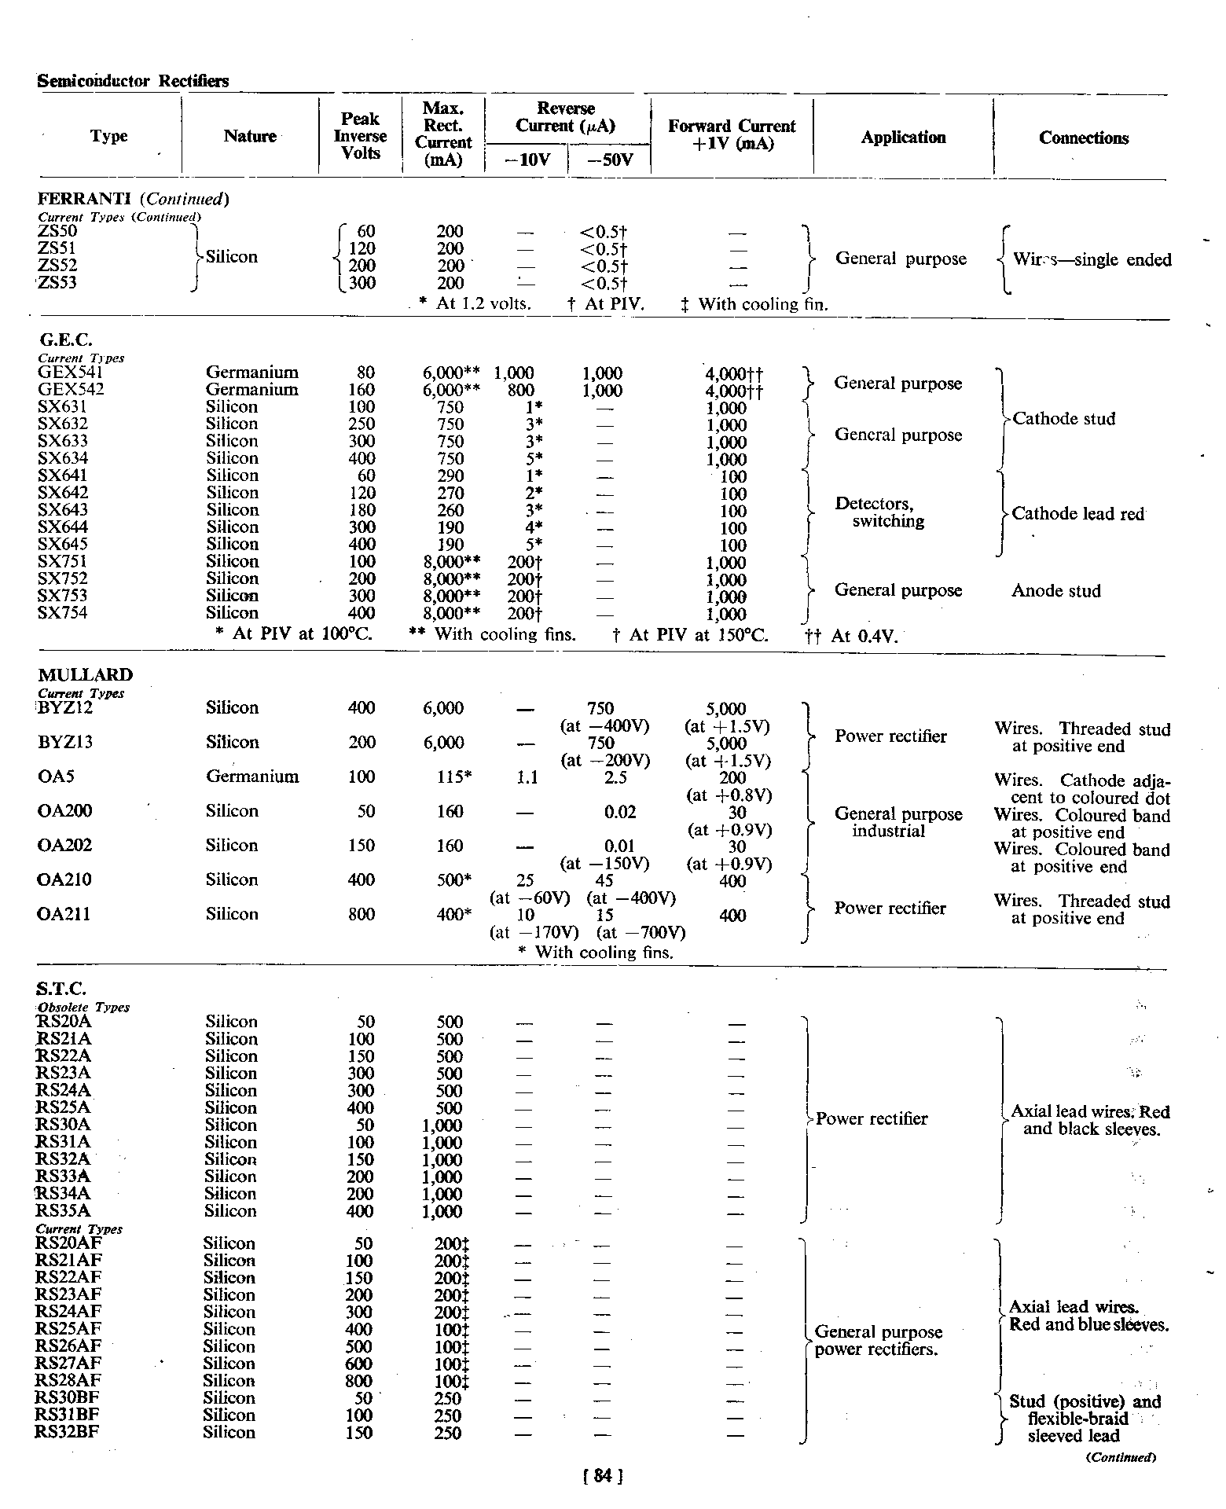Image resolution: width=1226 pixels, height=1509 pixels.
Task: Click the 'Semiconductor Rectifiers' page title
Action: point(134,81)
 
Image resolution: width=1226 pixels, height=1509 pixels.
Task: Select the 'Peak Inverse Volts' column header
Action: point(360,136)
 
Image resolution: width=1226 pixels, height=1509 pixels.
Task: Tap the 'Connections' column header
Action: point(1083,138)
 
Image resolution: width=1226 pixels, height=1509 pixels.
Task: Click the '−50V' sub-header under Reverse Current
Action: point(608,161)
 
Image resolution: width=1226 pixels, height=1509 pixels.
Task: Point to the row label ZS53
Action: point(57,283)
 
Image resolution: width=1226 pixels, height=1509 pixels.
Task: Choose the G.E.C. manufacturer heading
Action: point(65,340)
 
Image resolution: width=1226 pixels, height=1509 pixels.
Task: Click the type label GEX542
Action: point(71,390)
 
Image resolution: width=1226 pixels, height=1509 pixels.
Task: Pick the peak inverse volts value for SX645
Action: point(362,545)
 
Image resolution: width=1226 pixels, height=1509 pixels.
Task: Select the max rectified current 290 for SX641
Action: point(450,476)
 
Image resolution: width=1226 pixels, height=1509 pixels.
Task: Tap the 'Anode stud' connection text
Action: point(1055,591)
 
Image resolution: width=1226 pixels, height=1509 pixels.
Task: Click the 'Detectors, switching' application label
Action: point(879,512)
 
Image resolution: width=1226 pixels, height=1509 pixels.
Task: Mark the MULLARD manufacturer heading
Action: point(86,675)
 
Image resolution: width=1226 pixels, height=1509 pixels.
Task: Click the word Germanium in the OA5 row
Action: point(252,777)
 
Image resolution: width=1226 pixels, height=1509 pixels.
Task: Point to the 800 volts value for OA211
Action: point(362,915)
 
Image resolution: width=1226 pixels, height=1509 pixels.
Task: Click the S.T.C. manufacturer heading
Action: point(61,989)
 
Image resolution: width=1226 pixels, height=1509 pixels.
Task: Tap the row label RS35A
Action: point(64,1211)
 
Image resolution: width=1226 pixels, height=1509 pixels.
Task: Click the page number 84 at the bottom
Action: point(603,1476)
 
